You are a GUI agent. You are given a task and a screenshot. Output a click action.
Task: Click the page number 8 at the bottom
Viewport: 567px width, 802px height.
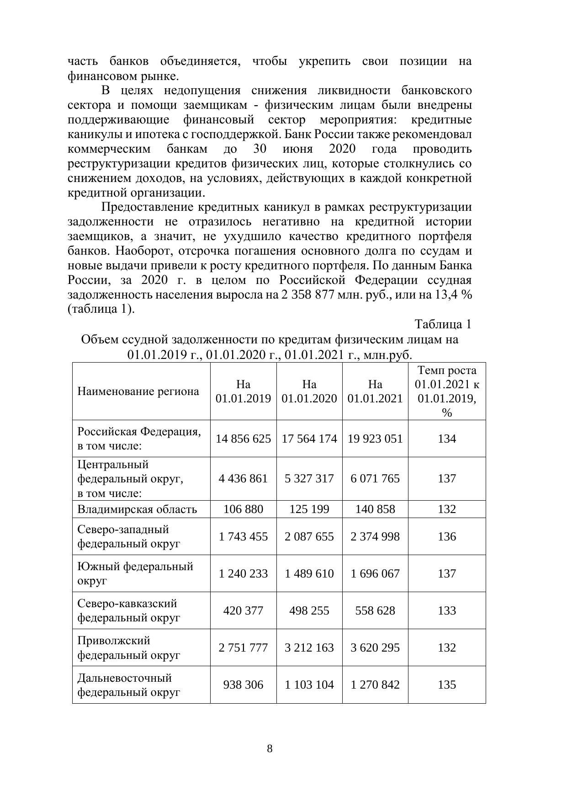(270, 749)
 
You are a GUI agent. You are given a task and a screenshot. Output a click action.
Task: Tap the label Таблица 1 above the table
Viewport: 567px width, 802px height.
(443, 324)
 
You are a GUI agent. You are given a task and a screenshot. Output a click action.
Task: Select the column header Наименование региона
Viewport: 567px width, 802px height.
(138, 391)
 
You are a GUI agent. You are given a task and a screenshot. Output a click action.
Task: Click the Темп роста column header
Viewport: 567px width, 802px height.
(446, 391)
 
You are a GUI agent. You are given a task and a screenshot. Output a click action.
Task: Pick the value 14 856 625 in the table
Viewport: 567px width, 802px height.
(243, 438)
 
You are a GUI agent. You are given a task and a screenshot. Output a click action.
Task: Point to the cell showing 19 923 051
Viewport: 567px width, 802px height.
(375, 438)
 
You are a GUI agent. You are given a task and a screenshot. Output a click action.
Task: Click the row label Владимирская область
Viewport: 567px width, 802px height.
(137, 509)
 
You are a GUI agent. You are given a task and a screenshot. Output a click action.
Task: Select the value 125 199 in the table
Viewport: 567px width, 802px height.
(309, 509)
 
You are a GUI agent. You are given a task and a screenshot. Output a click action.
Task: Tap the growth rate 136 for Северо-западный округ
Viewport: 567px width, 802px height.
(446, 536)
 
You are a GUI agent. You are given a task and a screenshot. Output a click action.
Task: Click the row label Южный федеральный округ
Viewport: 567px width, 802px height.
(135, 573)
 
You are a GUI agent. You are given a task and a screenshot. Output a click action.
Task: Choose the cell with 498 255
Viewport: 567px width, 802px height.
(309, 610)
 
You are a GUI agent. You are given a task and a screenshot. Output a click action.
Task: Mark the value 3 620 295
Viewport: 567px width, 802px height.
(375, 647)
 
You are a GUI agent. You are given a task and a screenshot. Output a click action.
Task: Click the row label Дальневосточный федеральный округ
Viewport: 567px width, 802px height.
(128, 684)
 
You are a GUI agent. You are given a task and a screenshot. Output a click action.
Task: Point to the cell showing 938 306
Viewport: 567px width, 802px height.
(243, 684)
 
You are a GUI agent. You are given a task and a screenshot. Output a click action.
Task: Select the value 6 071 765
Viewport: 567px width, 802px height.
(375, 478)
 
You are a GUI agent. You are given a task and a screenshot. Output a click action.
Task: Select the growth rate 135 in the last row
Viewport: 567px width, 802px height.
(446, 684)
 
